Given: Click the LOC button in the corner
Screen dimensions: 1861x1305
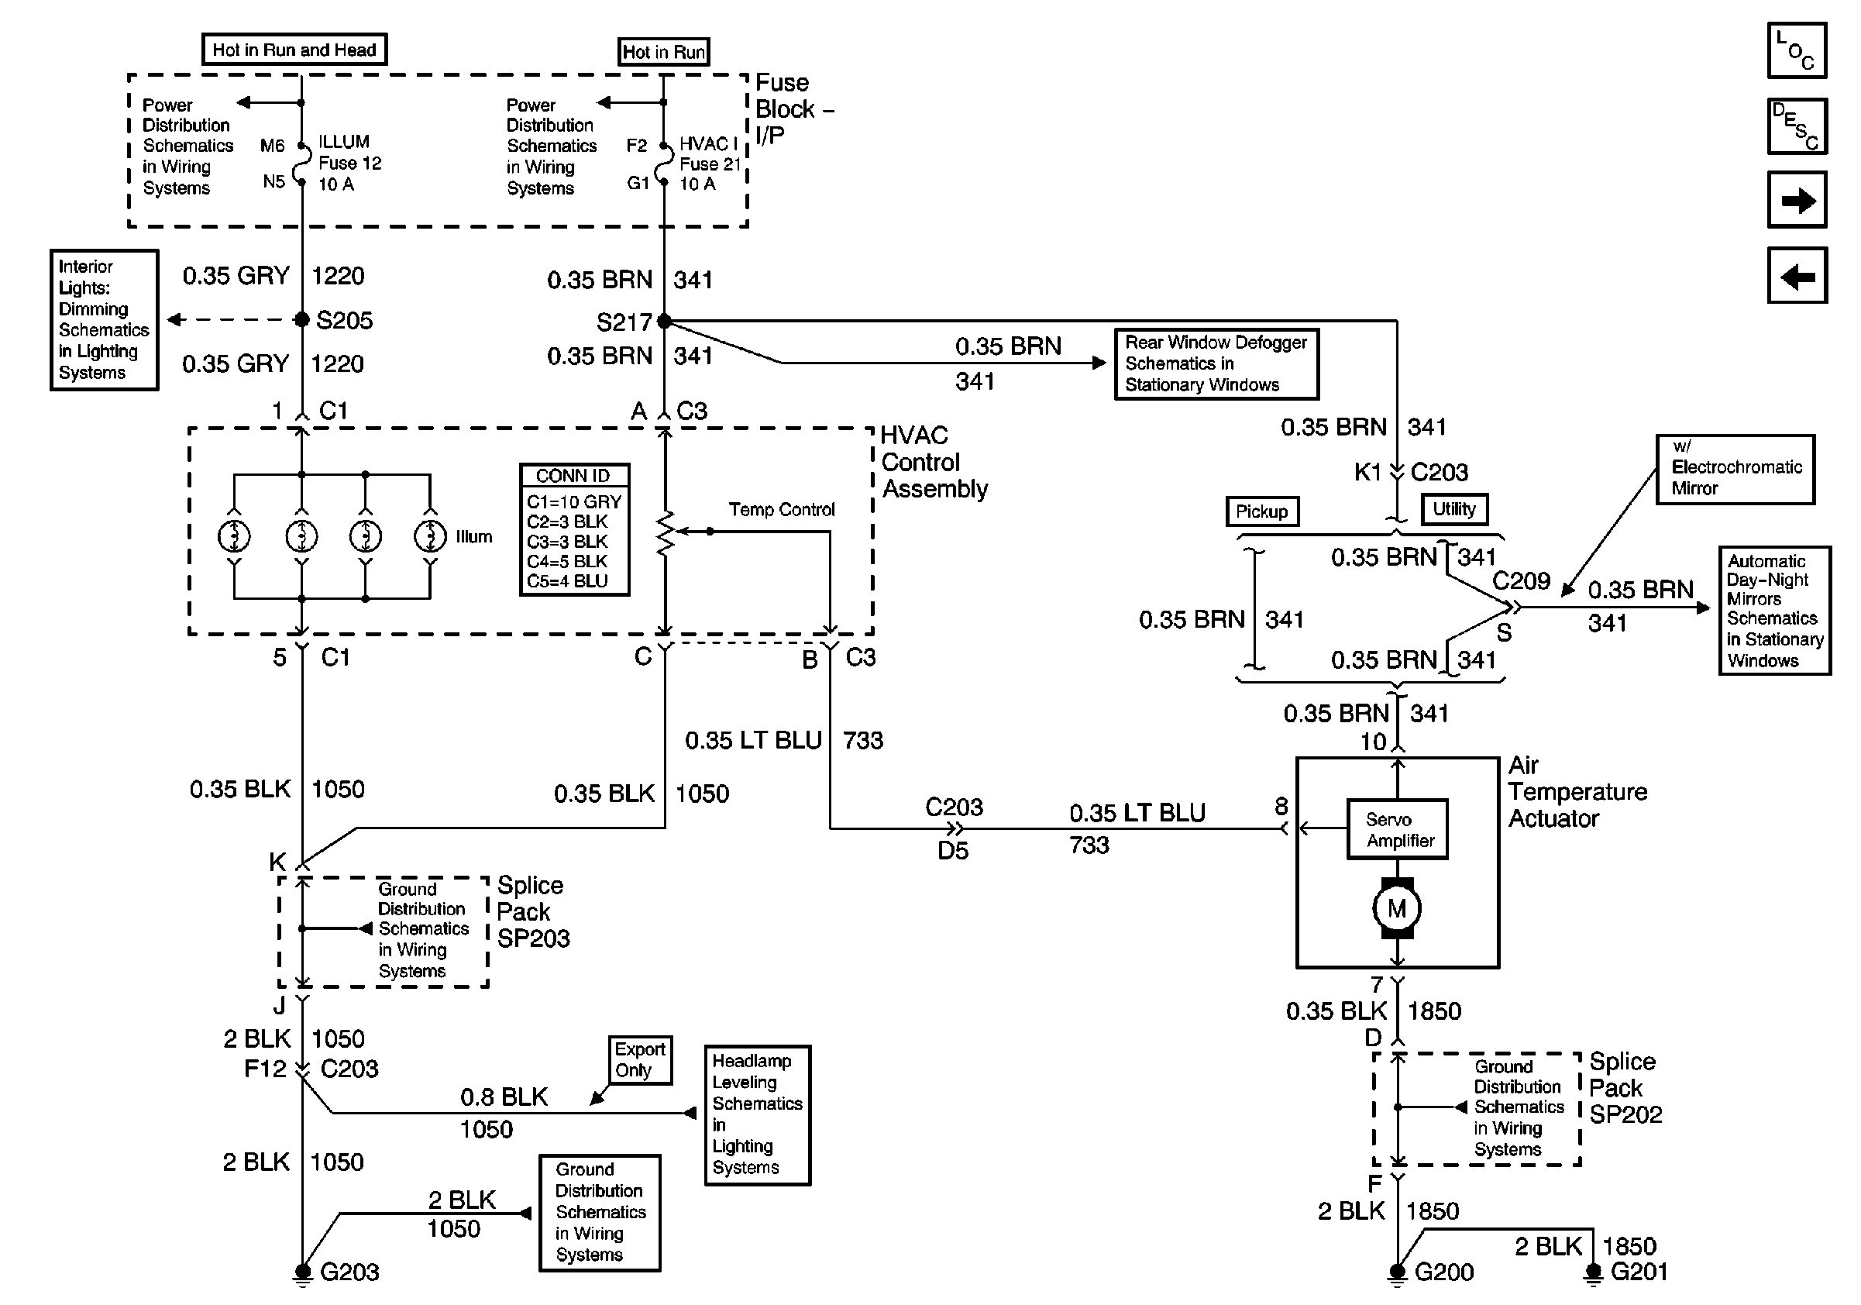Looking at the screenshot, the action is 1796,50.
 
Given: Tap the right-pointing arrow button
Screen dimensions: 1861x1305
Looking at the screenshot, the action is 1797,199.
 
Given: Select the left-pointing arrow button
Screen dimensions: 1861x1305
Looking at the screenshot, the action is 1797,276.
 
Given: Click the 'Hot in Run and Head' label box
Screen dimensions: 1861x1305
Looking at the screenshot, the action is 294,50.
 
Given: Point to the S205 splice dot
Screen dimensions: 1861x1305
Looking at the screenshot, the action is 301,319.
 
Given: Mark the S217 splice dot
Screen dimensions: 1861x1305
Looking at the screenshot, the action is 664,321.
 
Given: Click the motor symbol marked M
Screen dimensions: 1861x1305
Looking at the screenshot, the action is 1397,907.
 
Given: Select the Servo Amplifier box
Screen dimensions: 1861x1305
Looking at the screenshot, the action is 1398,829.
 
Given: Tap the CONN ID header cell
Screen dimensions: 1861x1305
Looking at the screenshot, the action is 574,476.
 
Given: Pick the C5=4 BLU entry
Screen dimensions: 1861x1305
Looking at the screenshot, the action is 567,581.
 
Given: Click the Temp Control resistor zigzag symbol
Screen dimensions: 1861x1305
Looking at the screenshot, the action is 665,532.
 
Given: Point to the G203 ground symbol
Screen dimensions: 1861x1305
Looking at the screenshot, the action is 302,1275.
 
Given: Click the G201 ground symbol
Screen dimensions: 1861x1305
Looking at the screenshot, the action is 1593,1275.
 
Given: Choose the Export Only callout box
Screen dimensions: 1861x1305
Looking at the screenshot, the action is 640,1059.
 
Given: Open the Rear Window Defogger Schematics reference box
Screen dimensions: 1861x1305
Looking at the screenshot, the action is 1216,363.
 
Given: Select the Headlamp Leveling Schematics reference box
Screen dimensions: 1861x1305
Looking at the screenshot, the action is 758,1114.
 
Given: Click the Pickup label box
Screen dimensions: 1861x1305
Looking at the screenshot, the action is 1262,511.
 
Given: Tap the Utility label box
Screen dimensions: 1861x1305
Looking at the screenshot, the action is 1454,509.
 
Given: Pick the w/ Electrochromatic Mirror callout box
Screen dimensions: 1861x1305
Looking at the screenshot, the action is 1735,469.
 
